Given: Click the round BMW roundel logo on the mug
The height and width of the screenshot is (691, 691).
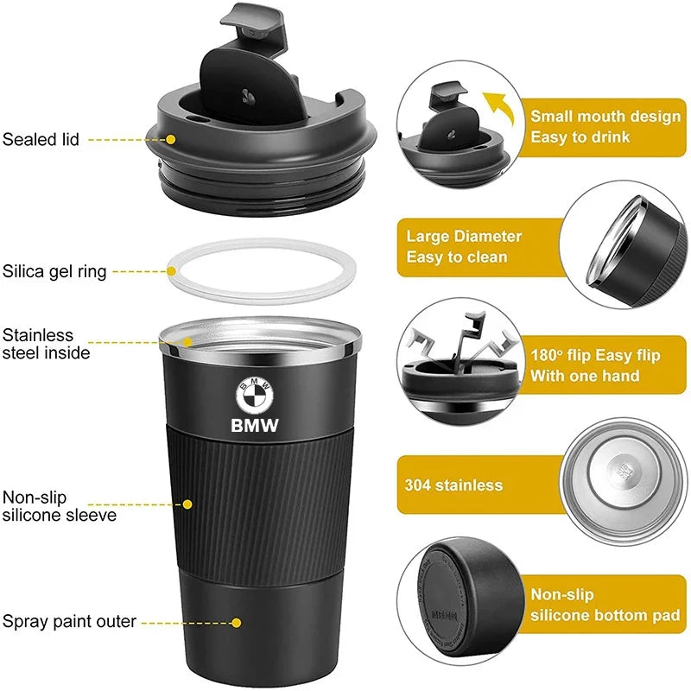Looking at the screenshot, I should pyautogui.click(x=254, y=396).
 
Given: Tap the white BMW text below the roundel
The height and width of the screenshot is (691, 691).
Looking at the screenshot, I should pyautogui.click(x=255, y=425).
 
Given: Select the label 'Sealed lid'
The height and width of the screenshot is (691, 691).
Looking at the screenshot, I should pyautogui.click(x=41, y=138).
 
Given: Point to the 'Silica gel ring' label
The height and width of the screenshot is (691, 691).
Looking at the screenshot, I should pyautogui.click(x=54, y=271).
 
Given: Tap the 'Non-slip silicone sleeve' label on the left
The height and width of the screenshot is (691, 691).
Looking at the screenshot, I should pyautogui.click(x=59, y=506).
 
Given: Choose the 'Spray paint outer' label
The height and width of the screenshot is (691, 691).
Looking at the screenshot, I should pyautogui.click(x=69, y=621).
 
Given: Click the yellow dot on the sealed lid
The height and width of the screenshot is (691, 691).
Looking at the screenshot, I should pyautogui.click(x=171, y=138).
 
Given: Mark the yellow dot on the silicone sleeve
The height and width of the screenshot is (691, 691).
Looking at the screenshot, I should pyautogui.click(x=187, y=503).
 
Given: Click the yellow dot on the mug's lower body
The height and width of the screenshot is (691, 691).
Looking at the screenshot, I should pyautogui.click(x=236, y=621).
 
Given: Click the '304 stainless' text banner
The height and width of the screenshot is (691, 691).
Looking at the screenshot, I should pyautogui.click(x=453, y=485).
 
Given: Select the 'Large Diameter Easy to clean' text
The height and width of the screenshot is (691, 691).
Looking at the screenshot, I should pyautogui.click(x=464, y=246).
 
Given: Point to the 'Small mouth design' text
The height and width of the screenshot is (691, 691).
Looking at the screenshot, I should pyautogui.click(x=605, y=116).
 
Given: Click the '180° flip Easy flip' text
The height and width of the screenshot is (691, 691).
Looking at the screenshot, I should pyautogui.click(x=594, y=355).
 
